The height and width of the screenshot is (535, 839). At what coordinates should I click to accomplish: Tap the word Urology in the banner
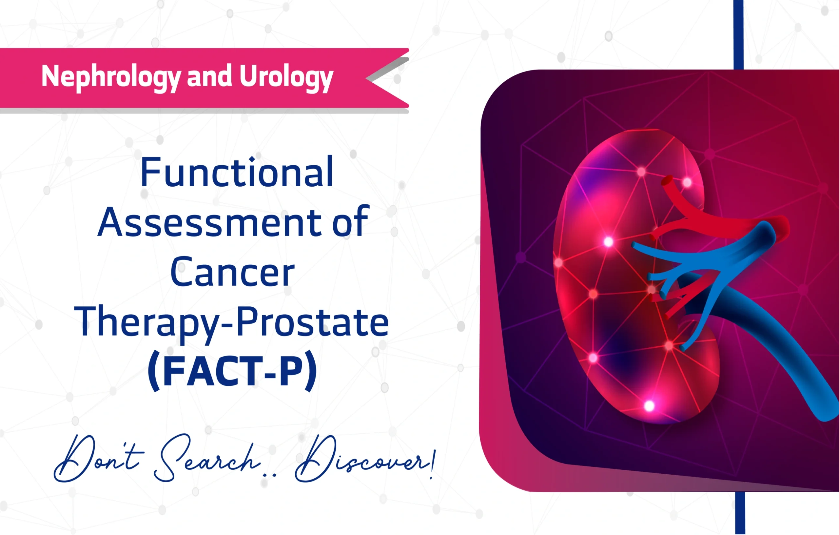click(286, 77)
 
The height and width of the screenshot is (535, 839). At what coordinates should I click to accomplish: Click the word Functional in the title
click(237, 172)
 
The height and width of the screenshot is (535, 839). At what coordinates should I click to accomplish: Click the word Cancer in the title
click(232, 272)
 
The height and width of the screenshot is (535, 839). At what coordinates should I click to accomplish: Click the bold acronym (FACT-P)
click(232, 372)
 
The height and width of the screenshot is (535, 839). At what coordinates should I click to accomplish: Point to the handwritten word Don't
click(98, 458)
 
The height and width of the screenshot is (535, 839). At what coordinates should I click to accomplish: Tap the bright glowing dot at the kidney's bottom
click(649, 406)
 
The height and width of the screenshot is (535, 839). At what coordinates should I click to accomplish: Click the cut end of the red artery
click(667, 181)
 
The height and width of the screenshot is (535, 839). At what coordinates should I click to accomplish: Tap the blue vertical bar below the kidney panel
click(740, 513)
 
